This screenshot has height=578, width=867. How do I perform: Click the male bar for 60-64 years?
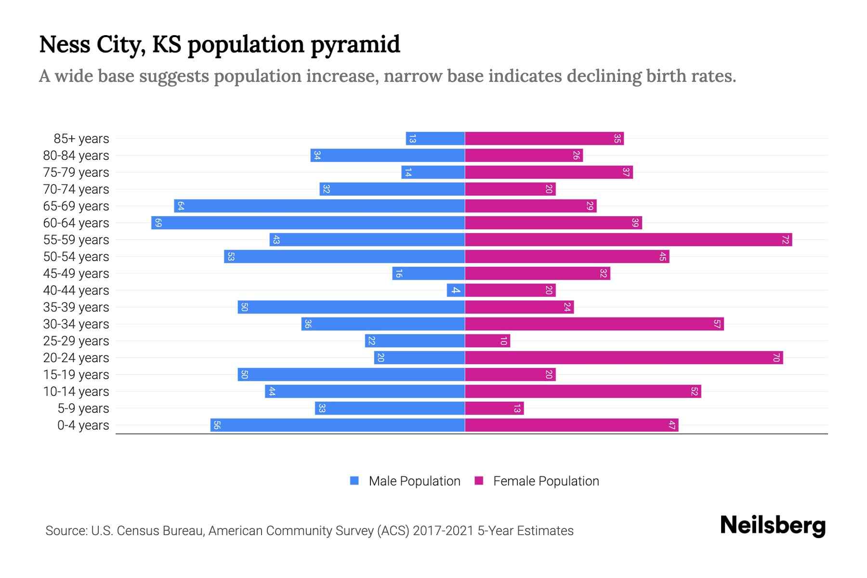(x=308, y=223)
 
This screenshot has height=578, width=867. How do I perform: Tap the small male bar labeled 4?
(x=456, y=290)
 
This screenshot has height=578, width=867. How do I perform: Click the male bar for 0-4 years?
(x=337, y=425)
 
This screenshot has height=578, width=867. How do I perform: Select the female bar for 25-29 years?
(x=486, y=341)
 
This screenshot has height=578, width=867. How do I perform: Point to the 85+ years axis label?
(x=81, y=139)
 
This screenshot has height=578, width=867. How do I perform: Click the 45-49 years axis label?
(x=76, y=274)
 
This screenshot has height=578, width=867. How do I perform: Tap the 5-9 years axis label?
(x=83, y=408)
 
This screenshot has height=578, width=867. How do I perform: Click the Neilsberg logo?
(x=773, y=525)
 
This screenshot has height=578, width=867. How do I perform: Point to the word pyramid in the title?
(x=355, y=45)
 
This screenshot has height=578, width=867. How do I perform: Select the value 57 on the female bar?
(x=717, y=324)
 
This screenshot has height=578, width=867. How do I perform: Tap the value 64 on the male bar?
(x=181, y=206)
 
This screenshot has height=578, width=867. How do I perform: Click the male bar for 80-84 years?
(x=388, y=156)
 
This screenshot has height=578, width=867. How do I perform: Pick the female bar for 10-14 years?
(x=583, y=392)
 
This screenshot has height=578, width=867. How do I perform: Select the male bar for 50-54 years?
(x=344, y=257)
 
